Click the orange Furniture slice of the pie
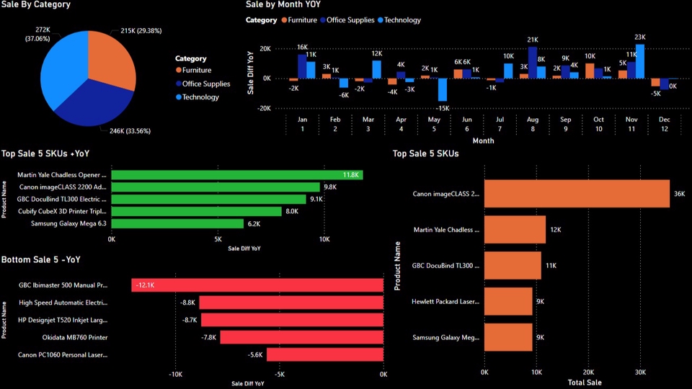[112, 58]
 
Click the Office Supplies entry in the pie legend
[206, 84]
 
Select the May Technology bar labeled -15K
[443, 89]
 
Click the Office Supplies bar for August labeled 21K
[533, 63]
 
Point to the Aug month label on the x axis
[533, 119]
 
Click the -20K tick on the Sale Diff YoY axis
[265, 108]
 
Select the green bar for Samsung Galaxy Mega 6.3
[177, 223]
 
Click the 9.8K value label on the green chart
[331, 187]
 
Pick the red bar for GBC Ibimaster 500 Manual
[257, 285]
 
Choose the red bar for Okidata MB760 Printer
[301, 337]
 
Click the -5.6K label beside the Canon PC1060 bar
[255, 354]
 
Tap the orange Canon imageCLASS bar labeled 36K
[577, 194]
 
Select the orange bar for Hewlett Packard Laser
[508, 301]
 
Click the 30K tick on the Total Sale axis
[640, 372]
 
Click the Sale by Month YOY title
[283, 4]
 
